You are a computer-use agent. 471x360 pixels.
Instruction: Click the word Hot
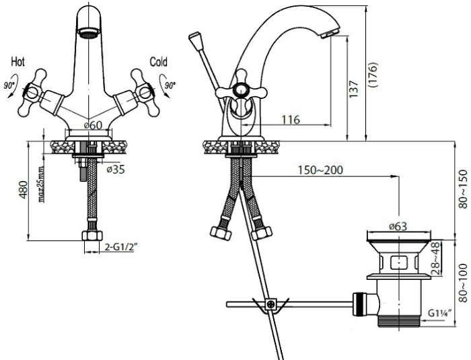[x=17, y=62]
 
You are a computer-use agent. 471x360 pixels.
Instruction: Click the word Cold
[x=158, y=62]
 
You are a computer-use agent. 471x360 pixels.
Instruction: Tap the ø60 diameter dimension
[x=93, y=125]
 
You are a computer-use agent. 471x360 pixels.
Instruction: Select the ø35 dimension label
[x=116, y=170]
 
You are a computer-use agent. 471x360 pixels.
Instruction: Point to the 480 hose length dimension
[x=24, y=190]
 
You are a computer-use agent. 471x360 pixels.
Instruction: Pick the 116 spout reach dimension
[x=291, y=120]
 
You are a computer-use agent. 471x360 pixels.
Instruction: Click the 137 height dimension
[x=354, y=88]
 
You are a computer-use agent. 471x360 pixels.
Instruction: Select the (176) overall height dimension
[x=373, y=75]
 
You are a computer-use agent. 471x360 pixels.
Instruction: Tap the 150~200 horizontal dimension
[x=320, y=170]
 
